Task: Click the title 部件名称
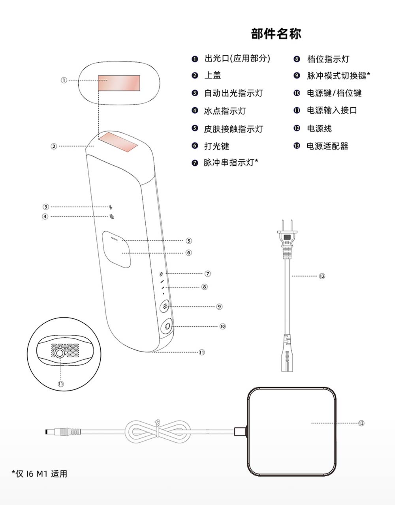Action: pos(276,34)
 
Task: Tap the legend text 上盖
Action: pos(213,75)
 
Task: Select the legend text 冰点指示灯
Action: pos(225,111)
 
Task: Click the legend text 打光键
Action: pos(216,146)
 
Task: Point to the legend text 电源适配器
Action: pos(327,146)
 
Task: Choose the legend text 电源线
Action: pos(319,128)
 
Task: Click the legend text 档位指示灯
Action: pos(328,59)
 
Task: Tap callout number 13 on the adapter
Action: pos(361,423)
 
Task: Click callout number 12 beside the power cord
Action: pos(322,276)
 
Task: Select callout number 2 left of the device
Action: pos(54,146)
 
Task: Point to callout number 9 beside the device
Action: pos(220,307)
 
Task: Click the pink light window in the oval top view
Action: pos(119,83)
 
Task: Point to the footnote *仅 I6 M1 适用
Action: pos(39,474)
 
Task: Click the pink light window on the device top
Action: pos(118,142)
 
